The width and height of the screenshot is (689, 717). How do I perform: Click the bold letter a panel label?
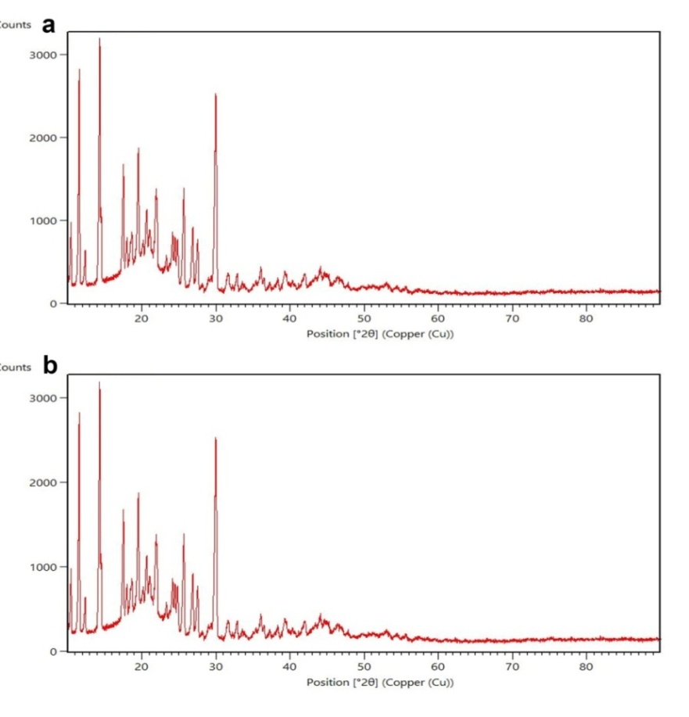50,25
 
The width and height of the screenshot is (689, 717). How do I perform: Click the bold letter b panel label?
51,366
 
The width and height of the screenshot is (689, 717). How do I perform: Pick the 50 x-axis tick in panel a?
364,318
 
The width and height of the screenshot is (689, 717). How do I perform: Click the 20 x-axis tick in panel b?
142,666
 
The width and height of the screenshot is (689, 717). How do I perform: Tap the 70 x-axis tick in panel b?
512,666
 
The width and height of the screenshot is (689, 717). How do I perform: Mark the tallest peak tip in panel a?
99,38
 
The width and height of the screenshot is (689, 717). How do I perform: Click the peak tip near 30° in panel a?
216,95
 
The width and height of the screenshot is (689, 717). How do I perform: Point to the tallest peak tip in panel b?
99,382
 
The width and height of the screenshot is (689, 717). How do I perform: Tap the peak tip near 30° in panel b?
216,439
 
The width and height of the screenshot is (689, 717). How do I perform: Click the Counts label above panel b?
14,367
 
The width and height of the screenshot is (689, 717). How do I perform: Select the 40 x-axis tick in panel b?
289,666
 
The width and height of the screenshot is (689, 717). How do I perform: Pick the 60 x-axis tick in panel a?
438,318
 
